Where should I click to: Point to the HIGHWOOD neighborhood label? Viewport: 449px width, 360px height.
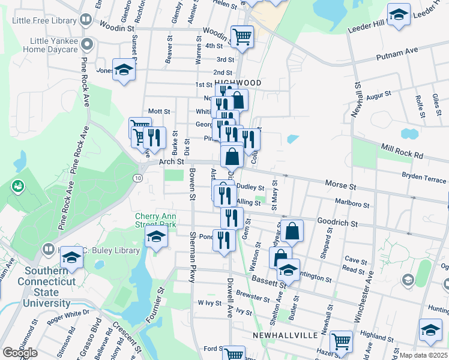coord(238,83)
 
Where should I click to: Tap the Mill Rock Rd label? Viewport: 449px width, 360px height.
coord(402,151)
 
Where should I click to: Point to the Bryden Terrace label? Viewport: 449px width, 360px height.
coord(424,179)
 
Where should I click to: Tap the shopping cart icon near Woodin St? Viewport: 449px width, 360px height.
coord(242,37)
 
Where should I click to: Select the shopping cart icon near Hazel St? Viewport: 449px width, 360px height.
coord(341,342)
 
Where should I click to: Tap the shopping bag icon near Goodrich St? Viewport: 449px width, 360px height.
coord(292,231)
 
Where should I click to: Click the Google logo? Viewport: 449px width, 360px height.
coord(20,353)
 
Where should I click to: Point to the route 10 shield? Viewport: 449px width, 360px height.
coord(138,178)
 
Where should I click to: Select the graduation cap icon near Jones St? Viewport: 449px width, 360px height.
coord(124,71)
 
